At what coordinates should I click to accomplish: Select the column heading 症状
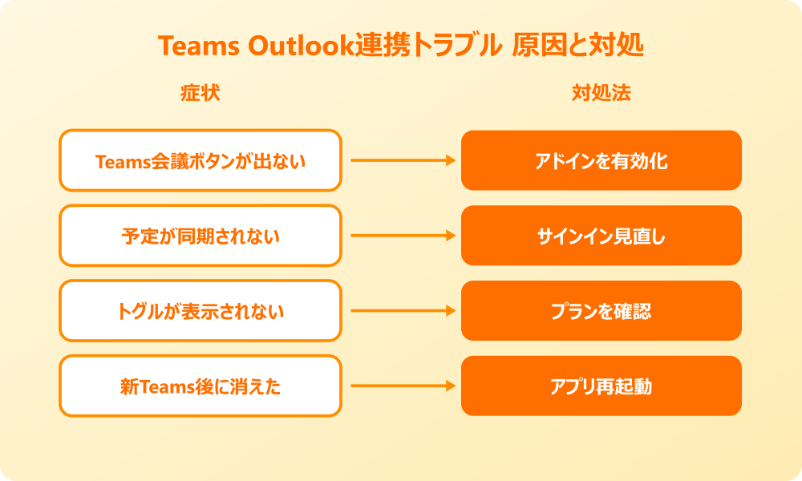pyautogui.click(x=200, y=93)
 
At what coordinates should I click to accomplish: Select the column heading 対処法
pyautogui.click(x=601, y=93)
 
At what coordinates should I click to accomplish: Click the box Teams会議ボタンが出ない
pyautogui.click(x=200, y=160)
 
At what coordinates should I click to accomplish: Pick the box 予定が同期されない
pyautogui.click(x=200, y=236)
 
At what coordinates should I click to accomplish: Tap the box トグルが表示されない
pyautogui.click(x=200, y=311)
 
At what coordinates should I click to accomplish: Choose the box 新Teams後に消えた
pyautogui.click(x=200, y=386)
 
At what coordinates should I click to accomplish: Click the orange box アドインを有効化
pyautogui.click(x=601, y=160)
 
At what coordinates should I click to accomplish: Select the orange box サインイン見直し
pyautogui.click(x=601, y=236)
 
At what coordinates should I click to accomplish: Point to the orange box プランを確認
pyautogui.click(x=601, y=311)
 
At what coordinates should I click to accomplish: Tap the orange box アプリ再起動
pyautogui.click(x=601, y=386)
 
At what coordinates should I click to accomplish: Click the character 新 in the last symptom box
pyautogui.click(x=128, y=387)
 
